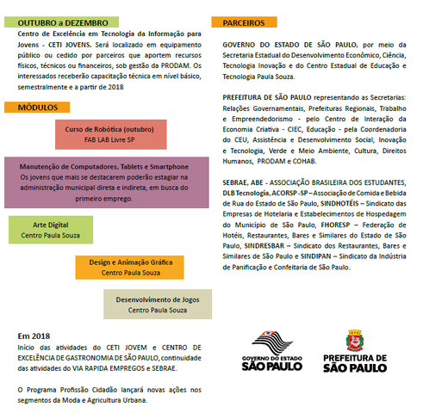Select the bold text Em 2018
34,336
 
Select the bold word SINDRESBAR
252,245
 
